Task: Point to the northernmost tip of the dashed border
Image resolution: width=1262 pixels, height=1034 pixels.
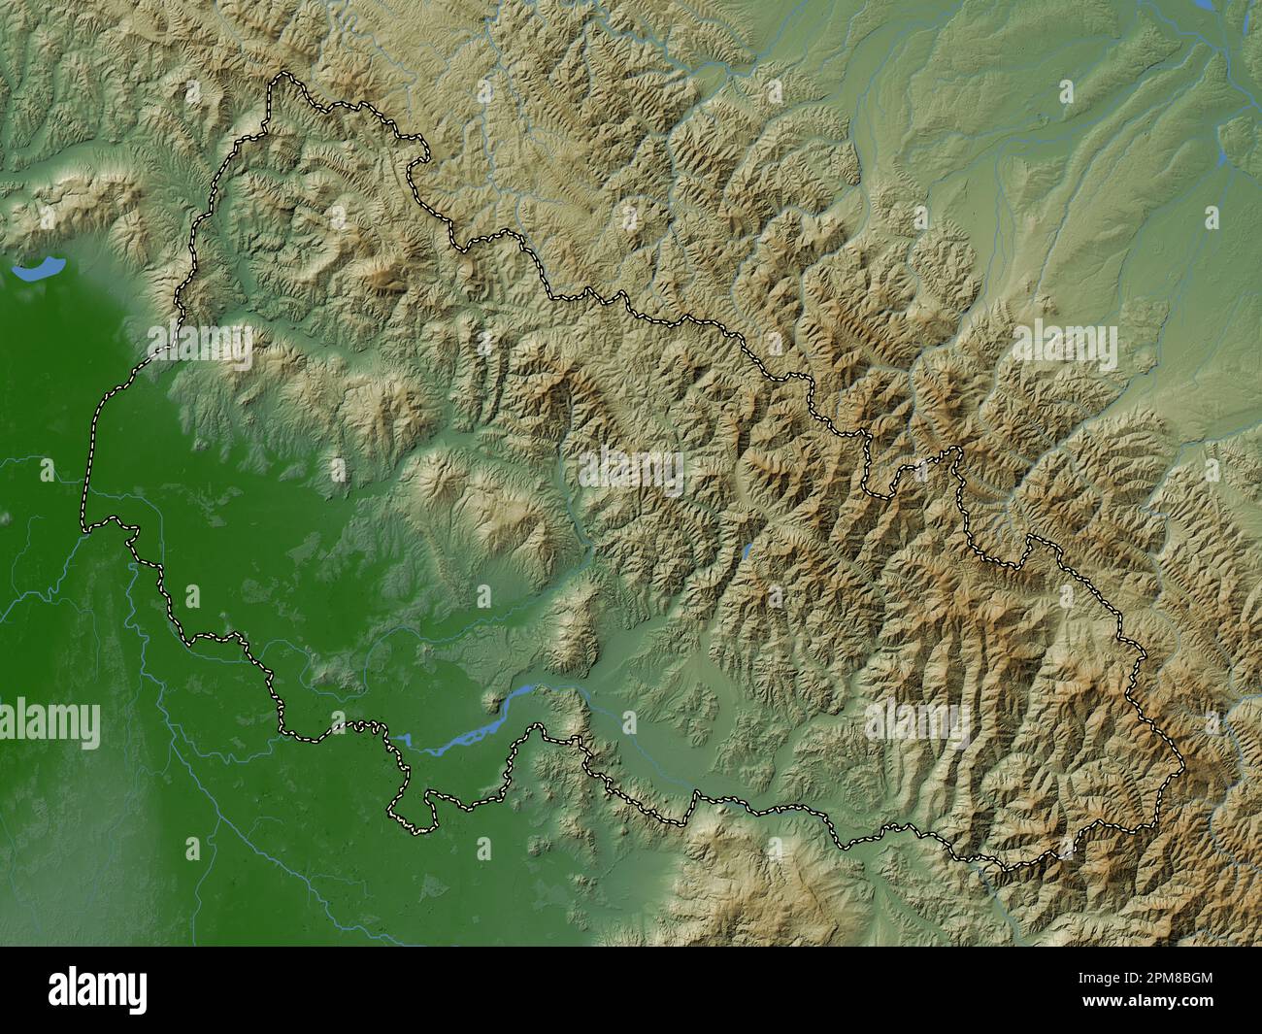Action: coord(282,75)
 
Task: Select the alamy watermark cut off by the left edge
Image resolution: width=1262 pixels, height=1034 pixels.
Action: coord(49,722)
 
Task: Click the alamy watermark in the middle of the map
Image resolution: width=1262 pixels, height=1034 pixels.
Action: coord(631,471)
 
